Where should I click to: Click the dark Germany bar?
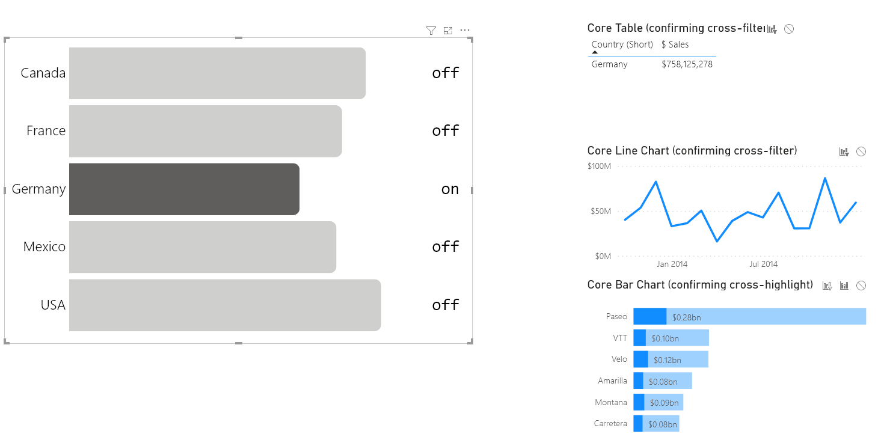pos(184,189)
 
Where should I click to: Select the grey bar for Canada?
pos(217,73)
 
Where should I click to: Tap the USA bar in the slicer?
pos(225,305)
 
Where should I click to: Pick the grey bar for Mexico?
pos(203,246)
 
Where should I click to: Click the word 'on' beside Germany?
pos(450,189)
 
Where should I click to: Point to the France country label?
pos(46,130)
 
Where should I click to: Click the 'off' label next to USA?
pos(446,305)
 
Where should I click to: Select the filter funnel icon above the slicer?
pos(431,31)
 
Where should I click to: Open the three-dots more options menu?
pos(465,30)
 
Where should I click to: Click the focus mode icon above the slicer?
pos(448,31)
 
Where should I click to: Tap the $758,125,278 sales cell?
pos(687,64)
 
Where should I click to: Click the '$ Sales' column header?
pos(675,44)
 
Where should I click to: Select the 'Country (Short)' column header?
pos(622,44)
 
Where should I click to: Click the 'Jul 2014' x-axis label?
pos(763,264)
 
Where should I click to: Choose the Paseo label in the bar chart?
pos(617,316)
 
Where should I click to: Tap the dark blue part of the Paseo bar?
pos(649,316)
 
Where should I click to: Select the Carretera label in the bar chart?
pos(610,423)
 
